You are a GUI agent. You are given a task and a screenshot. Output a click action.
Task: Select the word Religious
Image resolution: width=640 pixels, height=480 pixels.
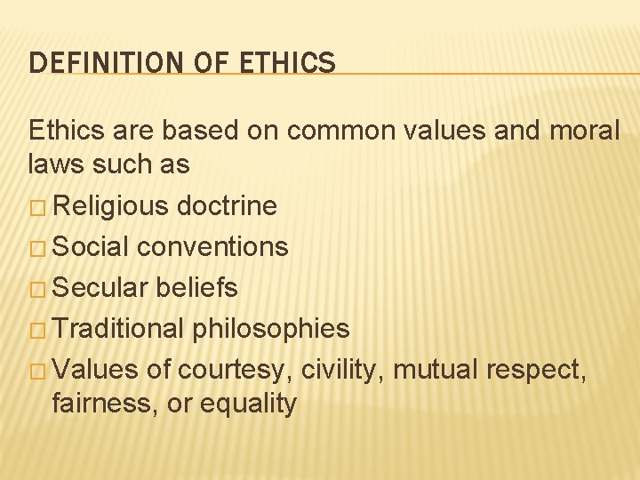point(111,206)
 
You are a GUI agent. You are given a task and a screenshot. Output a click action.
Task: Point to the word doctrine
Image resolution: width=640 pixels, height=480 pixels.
point(227,206)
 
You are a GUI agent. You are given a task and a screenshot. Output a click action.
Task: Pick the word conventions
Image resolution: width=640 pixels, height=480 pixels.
point(214,246)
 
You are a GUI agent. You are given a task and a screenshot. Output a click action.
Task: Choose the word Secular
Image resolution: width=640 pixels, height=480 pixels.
point(100,287)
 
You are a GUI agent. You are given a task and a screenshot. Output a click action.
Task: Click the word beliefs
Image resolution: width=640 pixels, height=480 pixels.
point(196,287)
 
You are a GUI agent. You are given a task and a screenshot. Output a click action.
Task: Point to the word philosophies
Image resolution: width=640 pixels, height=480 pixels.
point(271,330)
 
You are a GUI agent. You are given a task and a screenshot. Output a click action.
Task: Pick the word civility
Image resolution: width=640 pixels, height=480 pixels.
point(342,370)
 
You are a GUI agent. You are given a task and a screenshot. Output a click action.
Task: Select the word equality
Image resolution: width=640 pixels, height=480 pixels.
point(248,404)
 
